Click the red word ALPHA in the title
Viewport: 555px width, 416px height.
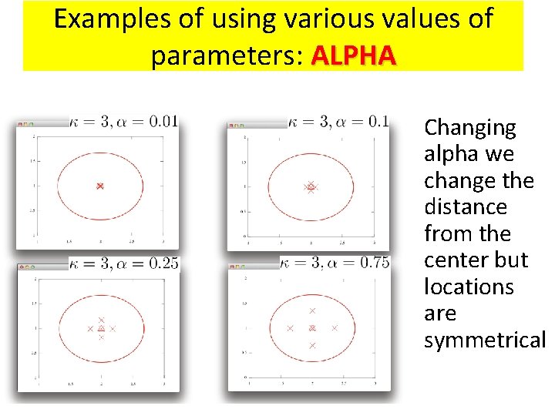coord(355,55)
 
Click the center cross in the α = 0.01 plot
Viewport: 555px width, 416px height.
coord(99,186)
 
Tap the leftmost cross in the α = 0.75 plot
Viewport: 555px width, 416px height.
coord(290,328)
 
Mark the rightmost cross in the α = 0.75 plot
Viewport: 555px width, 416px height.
coord(335,328)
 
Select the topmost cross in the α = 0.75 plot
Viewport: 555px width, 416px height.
coord(312,310)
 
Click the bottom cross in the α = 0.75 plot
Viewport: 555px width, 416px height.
coord(312,346)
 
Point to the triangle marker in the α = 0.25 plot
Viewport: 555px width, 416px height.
coord(101,328)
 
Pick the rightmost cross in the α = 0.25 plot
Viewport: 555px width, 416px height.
coord(113,328)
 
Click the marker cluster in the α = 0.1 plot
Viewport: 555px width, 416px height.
coord(311,186)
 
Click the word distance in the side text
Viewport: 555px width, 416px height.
coord(466,207)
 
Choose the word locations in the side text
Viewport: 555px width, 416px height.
coord(469,287)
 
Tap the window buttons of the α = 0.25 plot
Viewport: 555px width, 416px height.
coord(26,267)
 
